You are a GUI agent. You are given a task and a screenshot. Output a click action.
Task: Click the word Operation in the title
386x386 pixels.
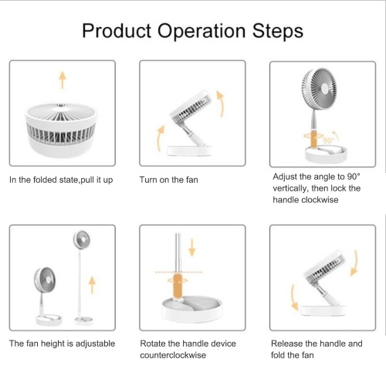201,32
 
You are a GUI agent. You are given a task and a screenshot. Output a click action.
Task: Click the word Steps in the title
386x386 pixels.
278,31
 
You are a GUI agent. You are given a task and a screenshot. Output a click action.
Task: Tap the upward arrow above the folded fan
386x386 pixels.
63,80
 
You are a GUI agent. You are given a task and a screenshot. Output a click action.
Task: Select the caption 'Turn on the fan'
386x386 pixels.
169,180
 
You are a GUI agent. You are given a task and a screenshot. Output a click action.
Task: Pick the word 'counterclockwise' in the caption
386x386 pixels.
173,355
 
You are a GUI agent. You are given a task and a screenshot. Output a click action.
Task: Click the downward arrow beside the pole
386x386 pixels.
192,248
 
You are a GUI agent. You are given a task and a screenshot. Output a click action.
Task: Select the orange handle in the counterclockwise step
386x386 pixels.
178,286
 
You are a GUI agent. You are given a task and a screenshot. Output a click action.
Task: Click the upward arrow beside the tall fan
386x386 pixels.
92,285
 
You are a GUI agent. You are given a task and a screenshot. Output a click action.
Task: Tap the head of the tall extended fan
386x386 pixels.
82,239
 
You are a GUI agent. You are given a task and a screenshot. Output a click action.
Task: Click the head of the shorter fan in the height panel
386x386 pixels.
45,279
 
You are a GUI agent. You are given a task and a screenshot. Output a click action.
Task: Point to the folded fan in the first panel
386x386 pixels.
61,130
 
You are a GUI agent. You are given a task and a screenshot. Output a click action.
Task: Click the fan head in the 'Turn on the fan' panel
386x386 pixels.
191,107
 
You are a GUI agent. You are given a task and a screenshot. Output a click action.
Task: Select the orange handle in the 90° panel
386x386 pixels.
313,139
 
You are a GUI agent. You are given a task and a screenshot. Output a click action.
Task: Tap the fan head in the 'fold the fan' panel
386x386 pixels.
325,267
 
